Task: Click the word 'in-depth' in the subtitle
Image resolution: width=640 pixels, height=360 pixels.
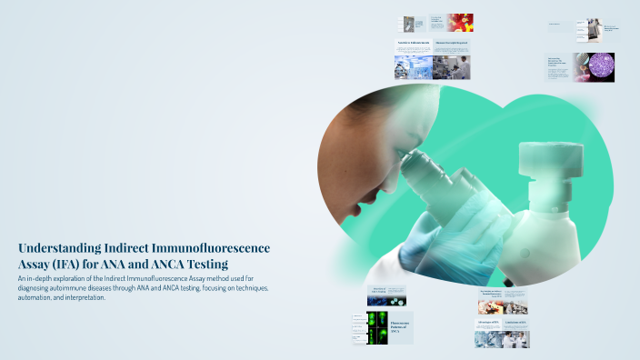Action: point(43,277)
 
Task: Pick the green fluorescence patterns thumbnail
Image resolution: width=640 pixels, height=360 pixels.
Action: point(375,326)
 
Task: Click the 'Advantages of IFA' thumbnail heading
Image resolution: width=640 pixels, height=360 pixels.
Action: point(488,322)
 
